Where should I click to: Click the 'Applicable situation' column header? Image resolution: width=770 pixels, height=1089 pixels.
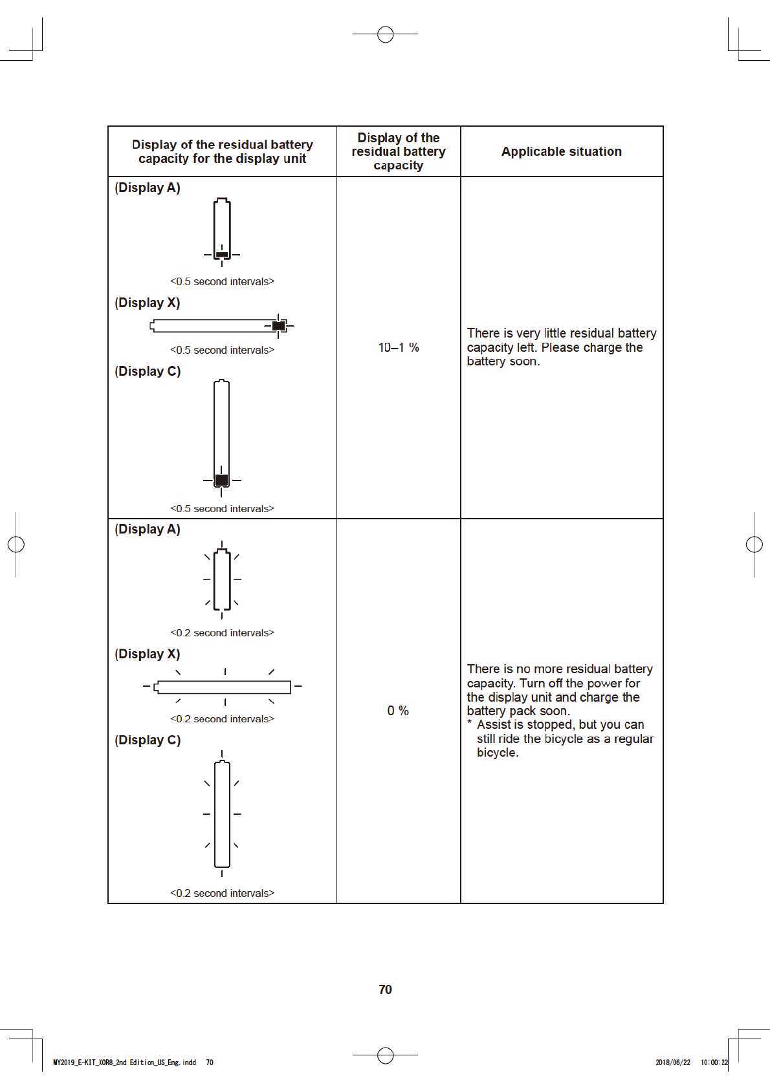561,151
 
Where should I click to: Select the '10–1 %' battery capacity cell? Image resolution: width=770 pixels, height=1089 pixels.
399,347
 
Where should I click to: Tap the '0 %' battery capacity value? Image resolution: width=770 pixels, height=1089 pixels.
398,711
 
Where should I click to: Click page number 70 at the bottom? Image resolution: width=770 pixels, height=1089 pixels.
385,989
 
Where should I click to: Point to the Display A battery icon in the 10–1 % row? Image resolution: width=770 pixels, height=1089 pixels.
222,230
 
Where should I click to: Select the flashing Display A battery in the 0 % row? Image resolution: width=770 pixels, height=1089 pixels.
222,579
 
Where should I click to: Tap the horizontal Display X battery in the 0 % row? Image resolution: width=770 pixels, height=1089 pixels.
223,687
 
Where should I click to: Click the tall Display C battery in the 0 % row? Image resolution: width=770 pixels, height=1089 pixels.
222,814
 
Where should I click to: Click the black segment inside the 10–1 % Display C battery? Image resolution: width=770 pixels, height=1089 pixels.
221,480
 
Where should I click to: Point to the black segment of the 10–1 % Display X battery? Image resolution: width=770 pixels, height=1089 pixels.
279,326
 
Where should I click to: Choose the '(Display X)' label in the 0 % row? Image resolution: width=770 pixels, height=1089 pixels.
148,654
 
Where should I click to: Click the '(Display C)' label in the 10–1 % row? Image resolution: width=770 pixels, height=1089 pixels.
148,371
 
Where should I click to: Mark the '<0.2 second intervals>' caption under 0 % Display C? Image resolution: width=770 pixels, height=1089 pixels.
222,893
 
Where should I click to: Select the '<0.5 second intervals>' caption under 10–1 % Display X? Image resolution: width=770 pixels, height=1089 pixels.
222,350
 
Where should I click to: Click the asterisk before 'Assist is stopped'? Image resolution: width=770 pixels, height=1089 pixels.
470,724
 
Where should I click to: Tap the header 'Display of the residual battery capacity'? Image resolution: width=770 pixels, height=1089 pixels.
399,151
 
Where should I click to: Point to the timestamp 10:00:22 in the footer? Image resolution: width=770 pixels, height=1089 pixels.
714,1062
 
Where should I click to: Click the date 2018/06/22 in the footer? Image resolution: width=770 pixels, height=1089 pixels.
673,1062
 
